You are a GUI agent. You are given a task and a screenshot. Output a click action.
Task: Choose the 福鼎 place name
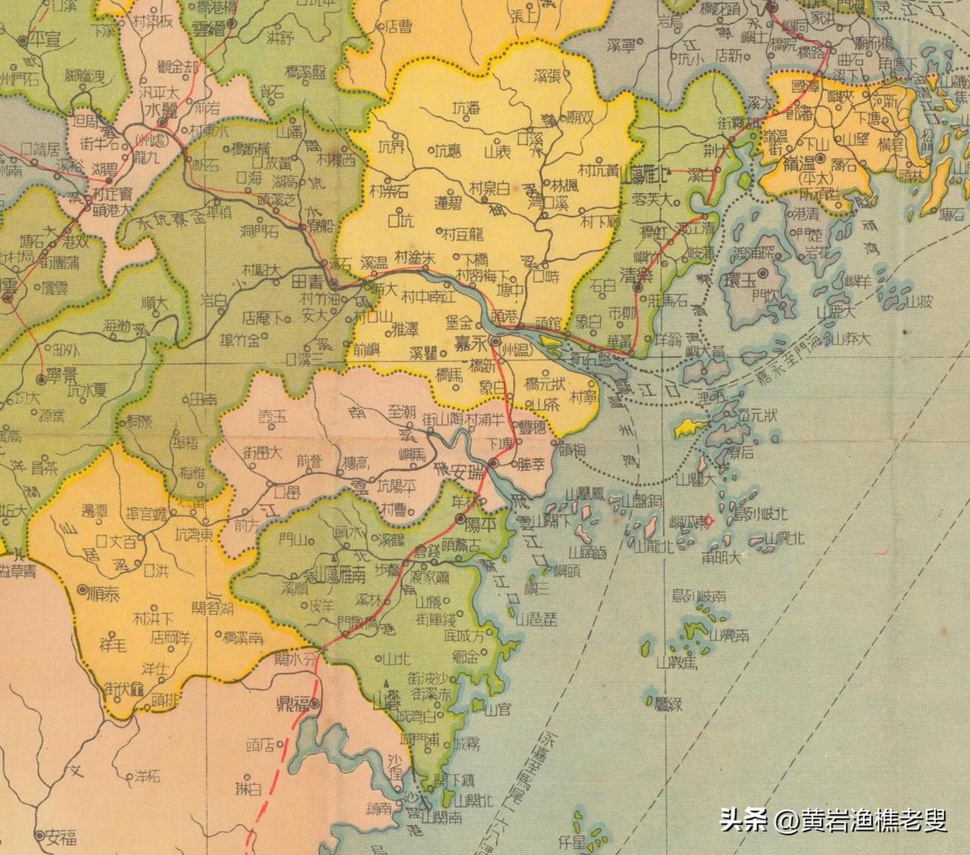click(x=293, y=705)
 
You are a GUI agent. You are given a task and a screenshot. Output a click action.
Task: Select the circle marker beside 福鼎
click(x=314, y=703)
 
